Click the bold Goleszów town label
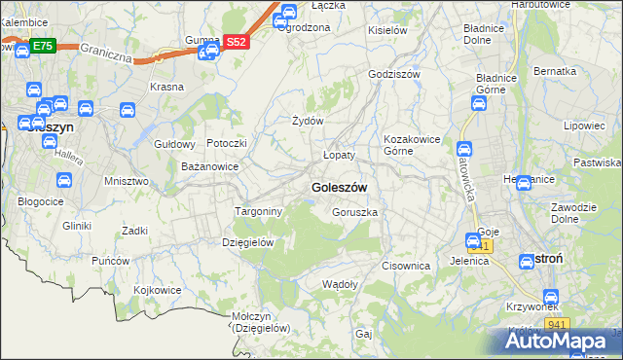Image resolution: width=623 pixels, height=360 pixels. (339, 187)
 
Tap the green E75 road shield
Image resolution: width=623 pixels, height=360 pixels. (42, 46)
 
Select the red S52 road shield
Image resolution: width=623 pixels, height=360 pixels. (238, 42)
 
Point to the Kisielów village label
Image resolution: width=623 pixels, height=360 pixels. (386, 30)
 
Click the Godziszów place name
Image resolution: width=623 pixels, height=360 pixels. (393, 74)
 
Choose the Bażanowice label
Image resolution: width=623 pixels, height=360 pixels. (210, 167)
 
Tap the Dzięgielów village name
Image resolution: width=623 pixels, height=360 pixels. (248, 242)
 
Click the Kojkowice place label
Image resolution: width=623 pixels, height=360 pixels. (158, 290)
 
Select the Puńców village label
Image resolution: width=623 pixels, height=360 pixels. (111, 261)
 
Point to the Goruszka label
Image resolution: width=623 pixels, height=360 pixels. (354, 212)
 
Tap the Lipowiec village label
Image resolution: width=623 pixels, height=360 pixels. (585, 126)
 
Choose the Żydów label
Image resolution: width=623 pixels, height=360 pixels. (308, 121)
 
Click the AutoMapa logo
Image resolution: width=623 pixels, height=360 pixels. (564, 342)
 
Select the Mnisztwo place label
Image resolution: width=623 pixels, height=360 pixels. (126, 181)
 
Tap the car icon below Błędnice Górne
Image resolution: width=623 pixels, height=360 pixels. (480, 103)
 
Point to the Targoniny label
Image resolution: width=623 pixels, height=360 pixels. (259, 211)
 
